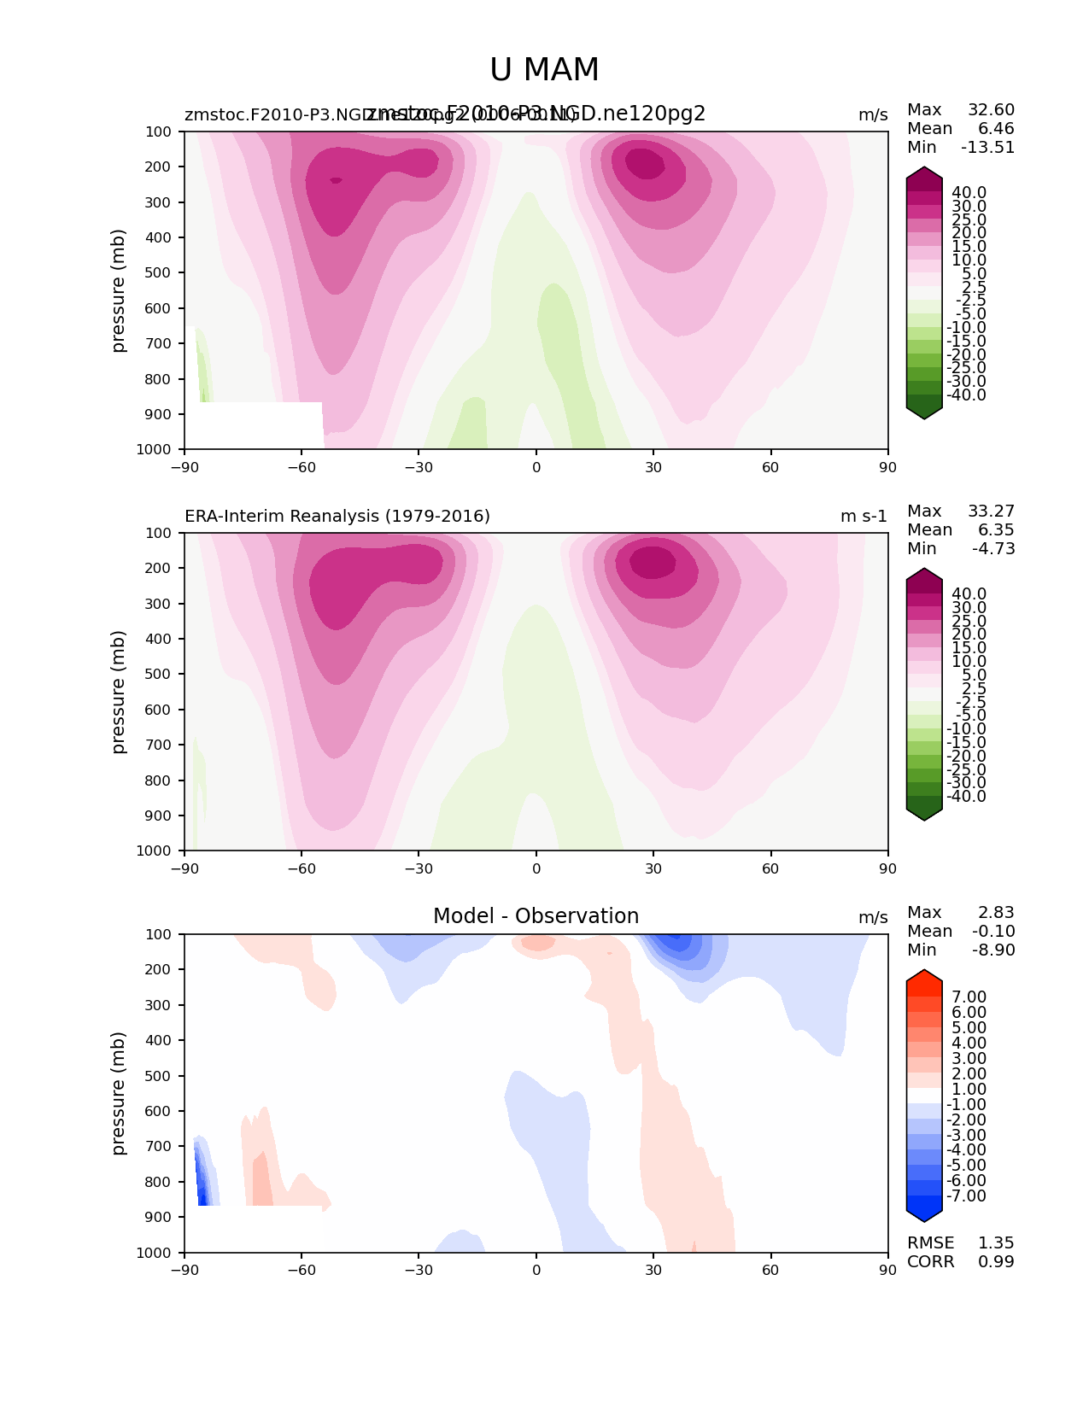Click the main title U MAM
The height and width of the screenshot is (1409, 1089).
click(544, 70)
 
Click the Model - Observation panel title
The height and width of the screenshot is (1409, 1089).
click(536, 916)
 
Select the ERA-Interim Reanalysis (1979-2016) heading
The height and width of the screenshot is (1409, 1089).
click(337, 516)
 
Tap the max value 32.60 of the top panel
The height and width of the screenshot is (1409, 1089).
click(991, 110)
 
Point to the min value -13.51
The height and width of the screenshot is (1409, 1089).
click(987, 148)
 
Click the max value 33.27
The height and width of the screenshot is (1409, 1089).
click(991, 512)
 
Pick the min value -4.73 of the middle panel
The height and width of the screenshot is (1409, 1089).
click(993, 549)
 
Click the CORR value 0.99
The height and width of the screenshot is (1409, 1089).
click(996, 1262)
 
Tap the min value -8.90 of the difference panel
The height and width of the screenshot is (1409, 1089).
click(993, 950)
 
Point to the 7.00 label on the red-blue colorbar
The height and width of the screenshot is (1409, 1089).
click(969, 997)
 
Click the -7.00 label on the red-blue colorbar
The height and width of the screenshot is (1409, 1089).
click(966, 1196)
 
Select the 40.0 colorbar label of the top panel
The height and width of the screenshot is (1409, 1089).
click(969, 193)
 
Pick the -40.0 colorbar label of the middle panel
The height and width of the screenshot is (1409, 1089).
click(966, 797)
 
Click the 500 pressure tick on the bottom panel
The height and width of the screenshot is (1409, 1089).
click(160, 1076)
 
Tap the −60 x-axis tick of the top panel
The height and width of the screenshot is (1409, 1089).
click(302, 467)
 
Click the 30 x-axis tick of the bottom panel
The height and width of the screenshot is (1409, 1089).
click(653, 1270)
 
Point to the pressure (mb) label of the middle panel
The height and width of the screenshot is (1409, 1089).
click(119, 692)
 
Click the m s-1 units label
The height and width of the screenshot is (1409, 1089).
click(864, 516)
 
